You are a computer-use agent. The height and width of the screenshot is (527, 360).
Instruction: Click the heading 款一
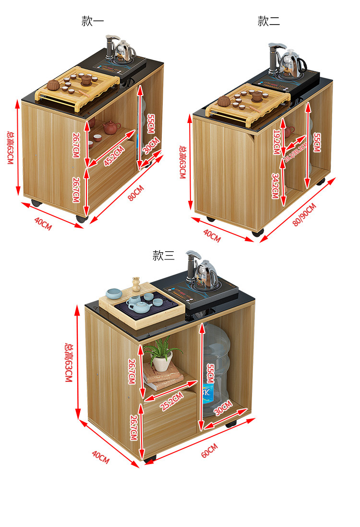coord(93,21)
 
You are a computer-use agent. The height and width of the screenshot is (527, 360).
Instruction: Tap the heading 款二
coord(269,21)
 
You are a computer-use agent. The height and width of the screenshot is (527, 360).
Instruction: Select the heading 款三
coord(164,256)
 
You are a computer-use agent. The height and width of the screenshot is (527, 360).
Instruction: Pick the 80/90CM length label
coord(304,215)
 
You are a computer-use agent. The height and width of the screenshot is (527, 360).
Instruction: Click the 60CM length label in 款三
coord(209,451)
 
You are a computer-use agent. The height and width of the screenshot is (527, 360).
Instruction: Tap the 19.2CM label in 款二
coord(276,142)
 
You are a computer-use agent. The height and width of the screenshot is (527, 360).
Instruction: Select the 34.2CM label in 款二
coord(275,186)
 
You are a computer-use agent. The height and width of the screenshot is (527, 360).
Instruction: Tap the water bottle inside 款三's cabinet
coord(215,370)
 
